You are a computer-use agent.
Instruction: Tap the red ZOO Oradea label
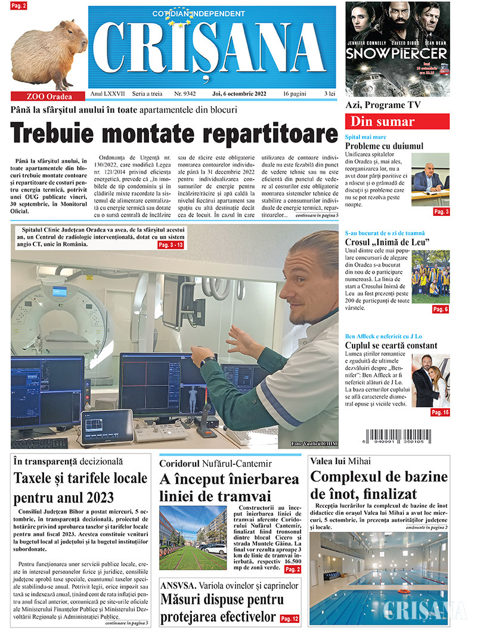[x=49, y=96]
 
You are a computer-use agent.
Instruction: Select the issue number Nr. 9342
[x=185, y=94]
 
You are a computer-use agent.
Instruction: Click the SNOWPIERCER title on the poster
[x=397, y=53]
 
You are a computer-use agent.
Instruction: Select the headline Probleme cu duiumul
[x=385, y=146]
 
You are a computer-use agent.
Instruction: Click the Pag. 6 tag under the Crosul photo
[x=440, y=309]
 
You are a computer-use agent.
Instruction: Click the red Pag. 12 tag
[x=289, y=619]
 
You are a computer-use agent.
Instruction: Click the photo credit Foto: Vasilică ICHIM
[x=312, y=444]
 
